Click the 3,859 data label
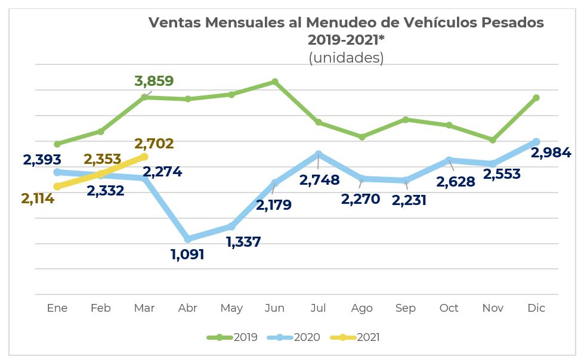[x=154, y=81]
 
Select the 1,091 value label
[x=187, y=255]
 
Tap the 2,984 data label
[x=550, y=153]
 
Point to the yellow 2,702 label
[x=154, y=144]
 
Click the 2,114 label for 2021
[x=38, y=199]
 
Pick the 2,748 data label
[x=319, y=180]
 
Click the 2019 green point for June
[x=275, y=82]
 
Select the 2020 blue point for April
[x=188, y=239]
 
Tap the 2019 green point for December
[x=536, y=98]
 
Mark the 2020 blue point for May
[x=231, y=226]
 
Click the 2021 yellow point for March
[x=144, y=157]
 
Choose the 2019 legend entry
[x=233, y=337]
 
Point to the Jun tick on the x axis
[x=274, y=308]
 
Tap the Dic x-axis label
[x=536, y=308]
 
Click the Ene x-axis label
[x=57, y=308]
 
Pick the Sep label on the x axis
[x=406, y=308]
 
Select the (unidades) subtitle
[x=346, y=58]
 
